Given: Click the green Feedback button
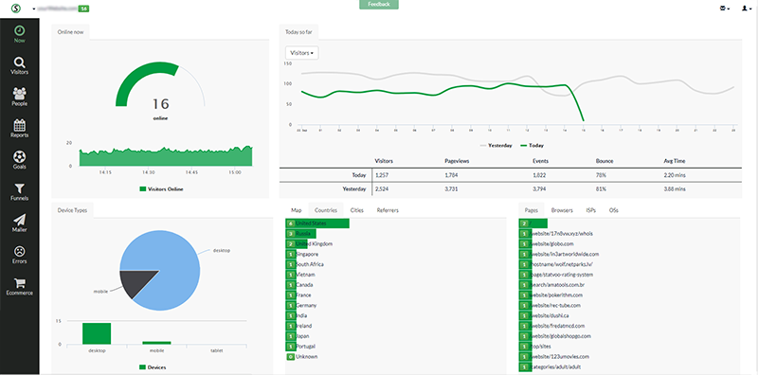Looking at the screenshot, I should tap(379, 5).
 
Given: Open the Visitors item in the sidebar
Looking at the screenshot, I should tap(19, 65).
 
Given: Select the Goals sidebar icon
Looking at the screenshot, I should tap(19, 160).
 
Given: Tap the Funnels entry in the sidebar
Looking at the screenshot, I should tap(19, 192).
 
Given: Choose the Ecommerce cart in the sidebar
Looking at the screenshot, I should tap(19, 286).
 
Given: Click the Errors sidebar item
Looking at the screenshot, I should tap(19, 255).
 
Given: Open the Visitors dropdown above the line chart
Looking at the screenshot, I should tap(301, 53).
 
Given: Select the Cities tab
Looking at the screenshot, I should tap(357, 209).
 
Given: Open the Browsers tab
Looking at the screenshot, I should tap(562, 209).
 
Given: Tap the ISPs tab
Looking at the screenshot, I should tap(590, 209).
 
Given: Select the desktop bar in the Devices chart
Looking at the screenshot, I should tap(97, 332).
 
